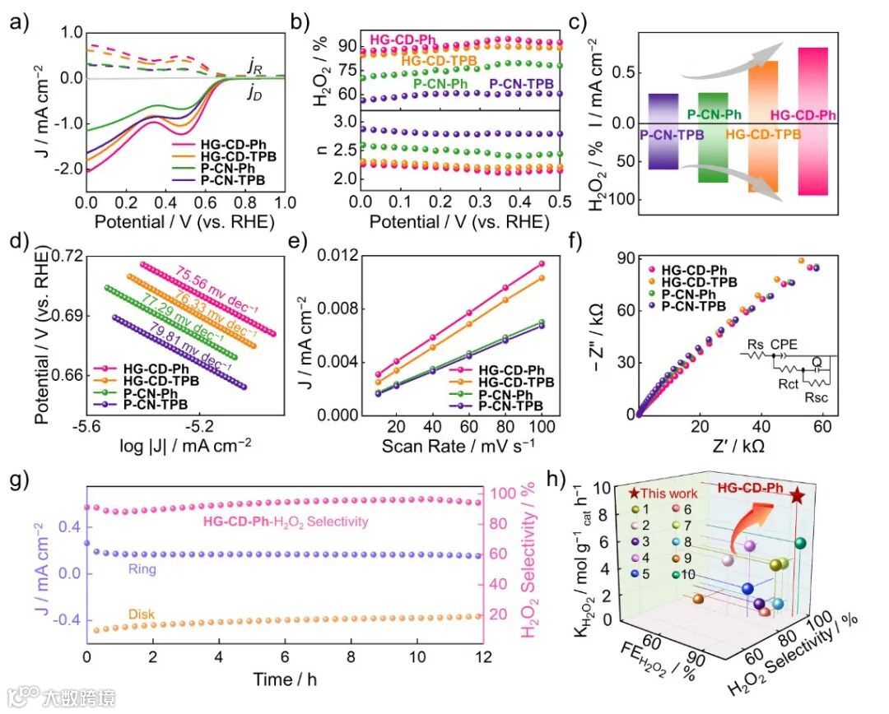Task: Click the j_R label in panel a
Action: coord(255,64)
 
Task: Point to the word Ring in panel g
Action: coord(137,568)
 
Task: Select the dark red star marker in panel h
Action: coord(797,495)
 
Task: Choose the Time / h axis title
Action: coord(284,679)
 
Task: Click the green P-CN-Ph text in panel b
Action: coord(443,82)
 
